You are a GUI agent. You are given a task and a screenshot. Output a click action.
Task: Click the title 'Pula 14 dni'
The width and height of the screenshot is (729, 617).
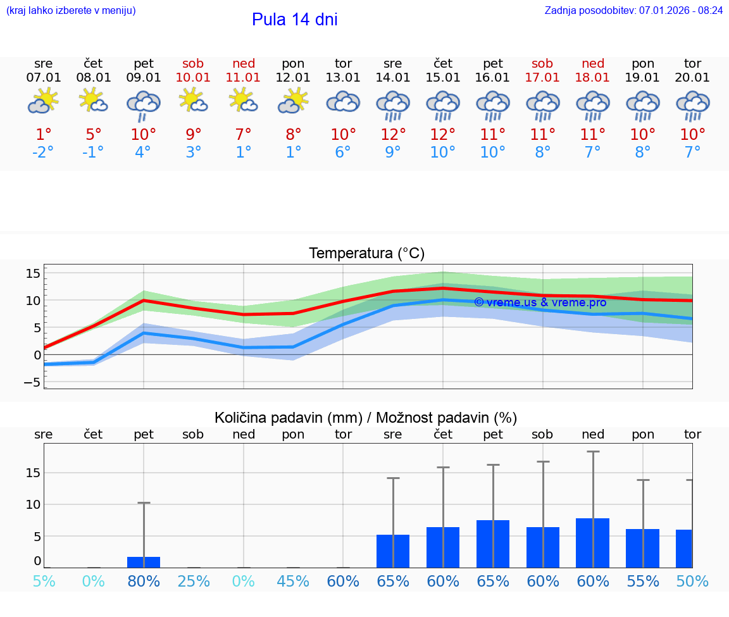(294, 20)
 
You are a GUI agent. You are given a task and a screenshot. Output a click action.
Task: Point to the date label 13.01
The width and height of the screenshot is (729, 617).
(343, 78)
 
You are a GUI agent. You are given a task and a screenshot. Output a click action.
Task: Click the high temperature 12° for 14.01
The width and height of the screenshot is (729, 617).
(393, 134)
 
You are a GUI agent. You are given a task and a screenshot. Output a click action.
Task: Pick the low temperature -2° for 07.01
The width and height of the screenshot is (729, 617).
(43, 152)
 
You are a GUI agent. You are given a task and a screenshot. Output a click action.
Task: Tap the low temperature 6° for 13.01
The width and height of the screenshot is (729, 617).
(343, 152)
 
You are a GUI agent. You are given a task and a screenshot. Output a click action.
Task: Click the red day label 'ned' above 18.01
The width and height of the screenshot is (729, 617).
(593, 63)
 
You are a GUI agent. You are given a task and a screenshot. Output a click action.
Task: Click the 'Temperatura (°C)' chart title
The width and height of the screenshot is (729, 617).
(366, 253)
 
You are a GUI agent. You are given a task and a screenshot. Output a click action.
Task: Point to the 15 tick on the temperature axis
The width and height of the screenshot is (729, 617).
(33, 273)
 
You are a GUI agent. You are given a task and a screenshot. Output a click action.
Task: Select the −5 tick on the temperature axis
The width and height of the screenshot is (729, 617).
(33, 382)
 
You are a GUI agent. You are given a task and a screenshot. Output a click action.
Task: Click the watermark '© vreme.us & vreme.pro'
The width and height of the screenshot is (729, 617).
(540, 302)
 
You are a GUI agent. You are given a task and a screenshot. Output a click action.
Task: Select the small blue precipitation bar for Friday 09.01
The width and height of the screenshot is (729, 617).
(144, 563)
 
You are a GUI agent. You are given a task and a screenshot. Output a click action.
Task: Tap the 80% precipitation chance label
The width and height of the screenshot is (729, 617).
(144, 581)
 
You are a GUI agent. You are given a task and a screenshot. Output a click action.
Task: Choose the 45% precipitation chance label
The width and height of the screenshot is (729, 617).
(293, 581)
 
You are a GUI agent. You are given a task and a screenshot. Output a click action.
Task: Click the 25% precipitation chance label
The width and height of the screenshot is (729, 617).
(193, 581)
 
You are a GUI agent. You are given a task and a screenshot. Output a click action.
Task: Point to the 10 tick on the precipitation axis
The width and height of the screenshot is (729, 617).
(33, 504)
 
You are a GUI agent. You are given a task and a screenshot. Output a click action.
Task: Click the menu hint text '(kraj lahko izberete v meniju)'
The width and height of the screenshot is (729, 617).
(71, 10)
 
